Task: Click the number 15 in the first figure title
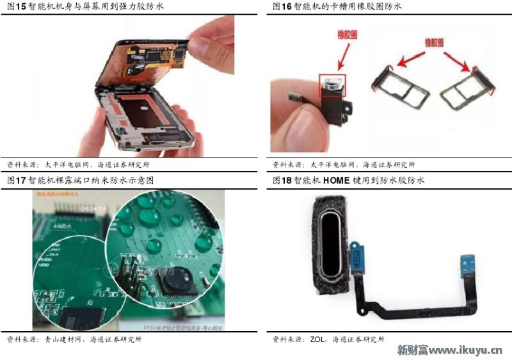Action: coord(21,6)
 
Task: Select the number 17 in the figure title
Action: coord(21,181)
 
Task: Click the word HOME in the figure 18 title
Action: coord(337,181)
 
